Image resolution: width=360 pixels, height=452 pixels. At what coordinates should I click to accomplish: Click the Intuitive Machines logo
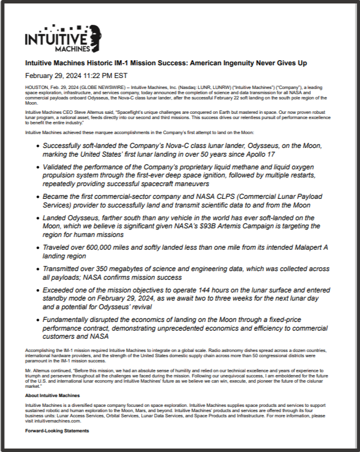coord(57,39)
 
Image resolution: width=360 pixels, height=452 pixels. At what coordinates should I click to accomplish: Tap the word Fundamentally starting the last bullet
coord(73,320)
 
